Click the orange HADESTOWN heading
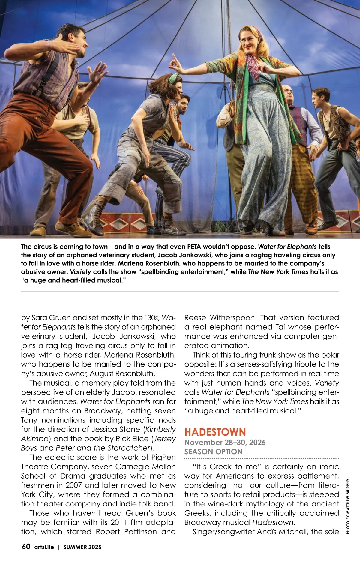coord(215,432)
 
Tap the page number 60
coord(26,546)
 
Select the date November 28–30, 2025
coord(225,442)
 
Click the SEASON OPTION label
coord(213,451)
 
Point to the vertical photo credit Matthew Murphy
coord(348,506)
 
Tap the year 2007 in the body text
coord(74,485)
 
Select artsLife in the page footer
coord(44,547)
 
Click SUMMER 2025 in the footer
coord(82,547)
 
